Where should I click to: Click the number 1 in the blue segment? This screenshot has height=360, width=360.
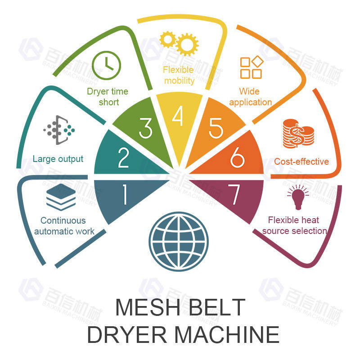[124, 195]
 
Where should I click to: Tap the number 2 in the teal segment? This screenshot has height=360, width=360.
[123, 157]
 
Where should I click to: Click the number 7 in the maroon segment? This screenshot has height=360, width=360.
[234, 195]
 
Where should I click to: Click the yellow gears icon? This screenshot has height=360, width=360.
[180, 42]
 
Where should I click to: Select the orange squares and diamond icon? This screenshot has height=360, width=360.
[251, 68]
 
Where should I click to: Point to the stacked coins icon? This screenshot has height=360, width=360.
[298, 134]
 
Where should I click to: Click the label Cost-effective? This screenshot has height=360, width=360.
[301, 162]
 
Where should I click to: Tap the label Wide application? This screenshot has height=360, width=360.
[251, 97]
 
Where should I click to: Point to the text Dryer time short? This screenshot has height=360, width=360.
[108, 97]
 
